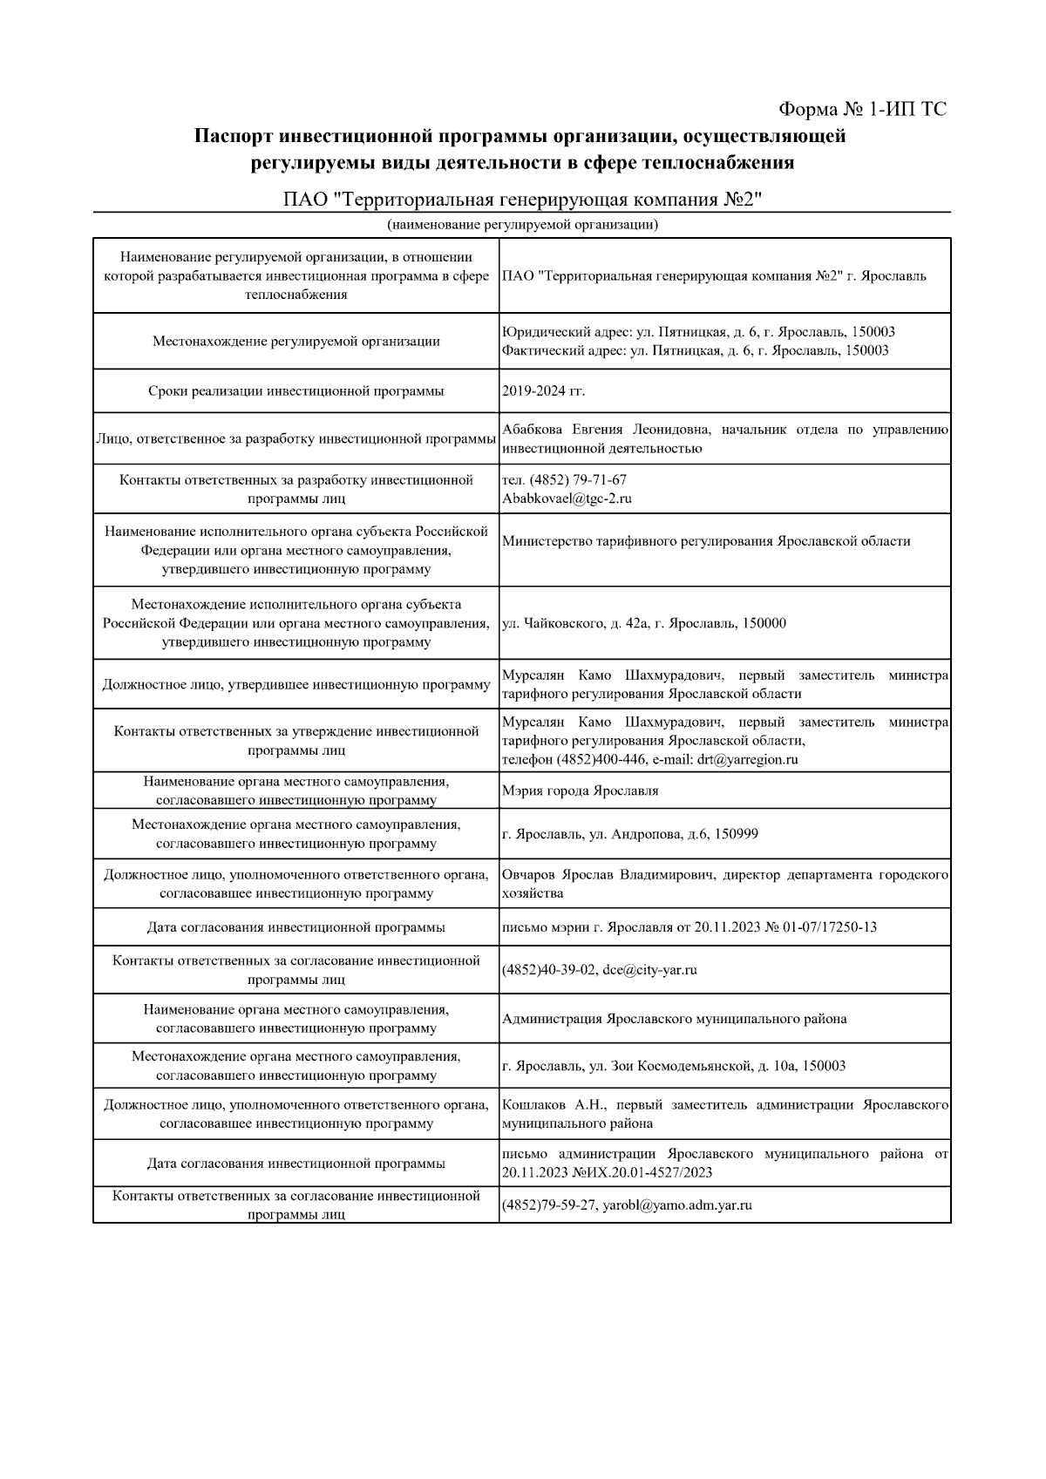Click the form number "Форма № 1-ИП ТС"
pyautogui.click(x=861, y=110)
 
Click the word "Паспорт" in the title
pyautogui.click(x=234, y=137)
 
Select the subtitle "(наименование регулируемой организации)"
pyautogui.click(x=522, y=226)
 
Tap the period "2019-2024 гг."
pyautogui.click(x=544, y=390)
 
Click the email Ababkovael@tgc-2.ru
pyautogui.click(x=567, y=499)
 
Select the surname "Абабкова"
pyautogui.click(x=533, y=430)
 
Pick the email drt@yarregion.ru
pyautogui.click(x=748, y=759)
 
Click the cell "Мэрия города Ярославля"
pyautogui.click(x=581, y=790)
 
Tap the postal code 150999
pyautogui.click(x=736, y=834)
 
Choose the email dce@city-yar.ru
pyautogui.click(x=649, y=969)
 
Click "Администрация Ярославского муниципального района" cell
pyautogui.click(x=675, y=1018)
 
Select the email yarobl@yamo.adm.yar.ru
pyautogui.click(x=677, y=1205)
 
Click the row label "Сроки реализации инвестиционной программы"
pyautogui.click(x=295, y=390)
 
